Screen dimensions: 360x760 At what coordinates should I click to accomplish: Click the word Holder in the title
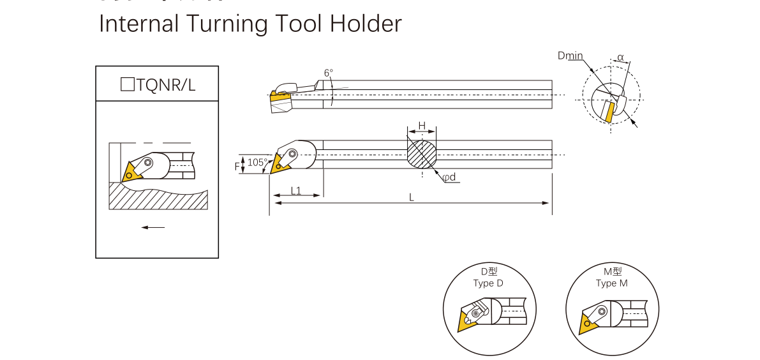[x=366, y=24]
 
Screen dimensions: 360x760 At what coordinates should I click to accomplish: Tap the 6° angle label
[x=328, y=73]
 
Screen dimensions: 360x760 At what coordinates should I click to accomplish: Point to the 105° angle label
[x=257, y=162]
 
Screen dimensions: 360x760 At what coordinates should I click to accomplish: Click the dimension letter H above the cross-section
[x=421, y=125]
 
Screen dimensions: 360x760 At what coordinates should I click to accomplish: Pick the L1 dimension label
[x=296, y=190]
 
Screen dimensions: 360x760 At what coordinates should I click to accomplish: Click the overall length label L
[x=412, y=198]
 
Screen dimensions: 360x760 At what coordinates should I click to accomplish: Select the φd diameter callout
[x=450, y=177]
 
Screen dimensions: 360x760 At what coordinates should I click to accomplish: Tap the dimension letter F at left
[x=237, y=166]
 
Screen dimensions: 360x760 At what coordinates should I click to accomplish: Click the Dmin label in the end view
[x=570, y=56]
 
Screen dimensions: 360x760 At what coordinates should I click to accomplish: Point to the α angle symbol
[x=620, y=57]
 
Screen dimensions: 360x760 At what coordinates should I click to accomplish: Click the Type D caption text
[x=488, y=283]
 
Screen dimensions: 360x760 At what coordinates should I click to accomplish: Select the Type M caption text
[x=611, y=283]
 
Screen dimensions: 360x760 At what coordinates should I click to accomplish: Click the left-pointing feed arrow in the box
[x=153, y=227]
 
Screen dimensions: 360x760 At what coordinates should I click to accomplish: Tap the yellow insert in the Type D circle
[x=466, y=319]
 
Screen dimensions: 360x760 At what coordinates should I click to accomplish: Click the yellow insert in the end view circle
[x=610, y=112]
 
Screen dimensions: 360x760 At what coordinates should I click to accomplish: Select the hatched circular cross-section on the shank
[x=422, y=154]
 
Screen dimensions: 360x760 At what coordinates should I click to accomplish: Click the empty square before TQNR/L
[x=127, y=84]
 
